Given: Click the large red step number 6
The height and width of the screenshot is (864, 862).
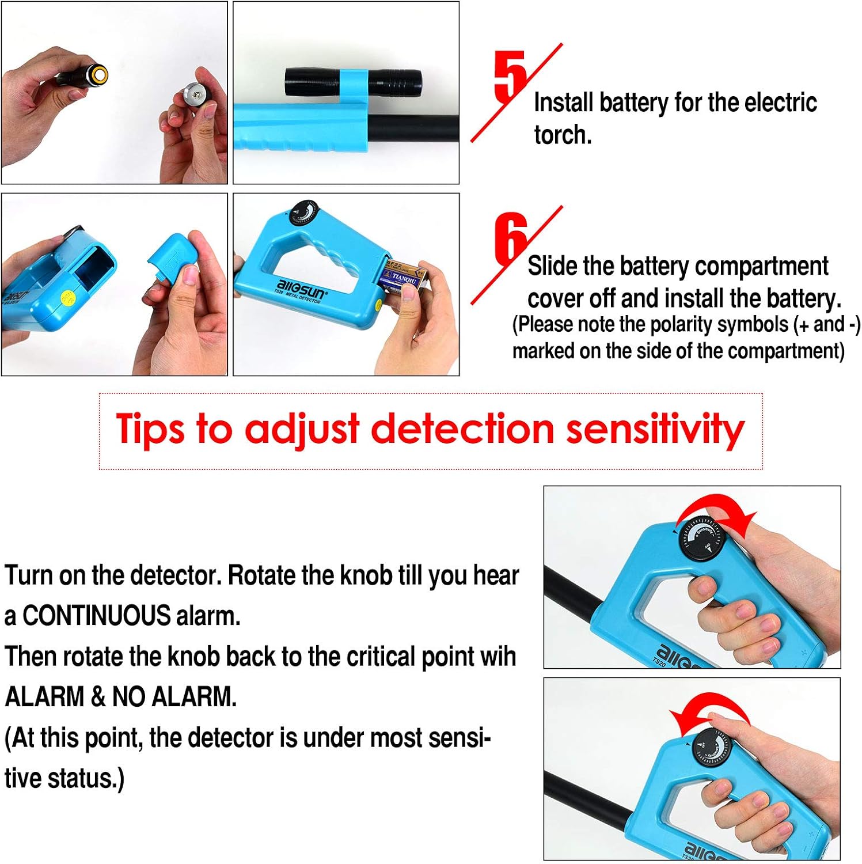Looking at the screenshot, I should pos(510,237).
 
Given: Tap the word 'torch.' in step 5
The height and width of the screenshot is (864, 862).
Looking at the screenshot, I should pos(563,135).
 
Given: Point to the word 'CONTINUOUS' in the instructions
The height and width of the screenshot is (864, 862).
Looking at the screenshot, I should pos(97,616).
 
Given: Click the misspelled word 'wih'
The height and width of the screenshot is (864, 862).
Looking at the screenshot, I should pos(499,657).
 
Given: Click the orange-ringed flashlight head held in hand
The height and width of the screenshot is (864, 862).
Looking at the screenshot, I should pos(97,74).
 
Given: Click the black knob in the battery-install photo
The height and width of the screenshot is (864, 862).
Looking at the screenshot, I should pos(303,214).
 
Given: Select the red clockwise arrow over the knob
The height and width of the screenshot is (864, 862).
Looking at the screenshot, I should pos(717,510).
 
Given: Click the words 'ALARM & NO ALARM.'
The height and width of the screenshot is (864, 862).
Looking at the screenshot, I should pos(121,697).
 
